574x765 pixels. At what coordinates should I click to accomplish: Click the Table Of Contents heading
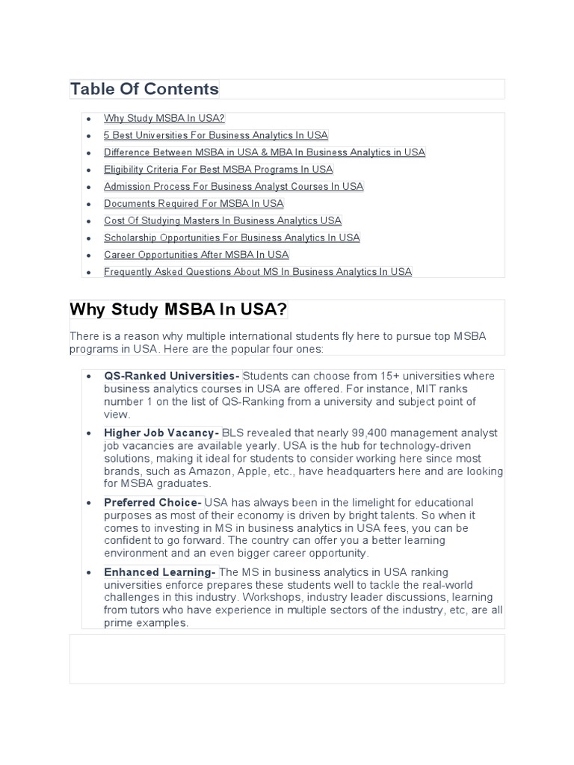click(144, 90)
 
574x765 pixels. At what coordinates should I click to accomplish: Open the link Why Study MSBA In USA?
click(164, 118)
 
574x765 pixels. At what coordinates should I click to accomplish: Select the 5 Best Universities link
click(216, 135)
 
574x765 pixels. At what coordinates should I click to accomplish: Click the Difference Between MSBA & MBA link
click(265, 152)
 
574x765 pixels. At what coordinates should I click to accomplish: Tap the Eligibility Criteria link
click(218, 170)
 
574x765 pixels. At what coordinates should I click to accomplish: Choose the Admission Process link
click(234, 187)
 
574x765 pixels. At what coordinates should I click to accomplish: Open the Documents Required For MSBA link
click(194, 203)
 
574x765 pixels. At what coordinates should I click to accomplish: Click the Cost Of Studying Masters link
click(223, 220)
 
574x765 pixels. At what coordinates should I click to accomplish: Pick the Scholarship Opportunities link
click(232, 238)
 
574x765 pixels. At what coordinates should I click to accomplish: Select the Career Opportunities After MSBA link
click(196, 255)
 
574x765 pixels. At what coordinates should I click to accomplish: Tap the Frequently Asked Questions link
click(258, 272)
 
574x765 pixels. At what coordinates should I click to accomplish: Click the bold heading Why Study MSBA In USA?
click(179, 310)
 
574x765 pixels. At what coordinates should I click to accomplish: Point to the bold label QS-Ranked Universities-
click(172, 376)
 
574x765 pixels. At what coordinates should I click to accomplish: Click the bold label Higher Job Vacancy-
click(161, 433)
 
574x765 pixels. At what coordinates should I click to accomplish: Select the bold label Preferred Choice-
click(152, 503)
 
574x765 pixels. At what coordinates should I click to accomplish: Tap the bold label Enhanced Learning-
click(160, 572)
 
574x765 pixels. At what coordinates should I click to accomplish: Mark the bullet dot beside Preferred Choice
click(89, 503)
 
